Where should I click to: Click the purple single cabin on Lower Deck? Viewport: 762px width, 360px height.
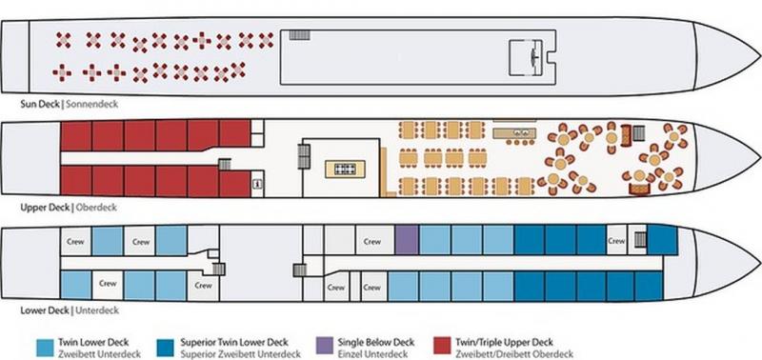tap(407, 240)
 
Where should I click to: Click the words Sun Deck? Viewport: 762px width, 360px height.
tap(40, 104)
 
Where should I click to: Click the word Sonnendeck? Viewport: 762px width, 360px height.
tap(91, 104)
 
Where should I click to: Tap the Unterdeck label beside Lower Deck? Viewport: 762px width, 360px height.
tap(97, 310)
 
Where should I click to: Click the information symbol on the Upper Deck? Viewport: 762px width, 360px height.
tap(257, 184)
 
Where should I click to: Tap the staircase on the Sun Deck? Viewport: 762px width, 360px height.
tap(299, 34)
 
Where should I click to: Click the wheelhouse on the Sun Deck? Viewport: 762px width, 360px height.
tap(530, 57)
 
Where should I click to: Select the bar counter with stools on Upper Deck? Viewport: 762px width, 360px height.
tap(514, 135)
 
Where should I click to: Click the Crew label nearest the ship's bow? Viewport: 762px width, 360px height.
tap(616, 241)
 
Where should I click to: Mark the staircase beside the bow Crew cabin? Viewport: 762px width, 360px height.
tap(640, 239)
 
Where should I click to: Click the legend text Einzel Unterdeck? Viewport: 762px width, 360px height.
tap(372, 353)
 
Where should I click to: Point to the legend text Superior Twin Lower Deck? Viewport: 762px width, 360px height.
tap(234, 343)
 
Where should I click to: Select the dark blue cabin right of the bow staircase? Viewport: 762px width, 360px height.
tap(662, 239)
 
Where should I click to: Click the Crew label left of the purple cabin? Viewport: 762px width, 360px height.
tap(372, 241)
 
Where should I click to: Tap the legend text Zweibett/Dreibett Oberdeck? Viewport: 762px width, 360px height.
tap(514, 353)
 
